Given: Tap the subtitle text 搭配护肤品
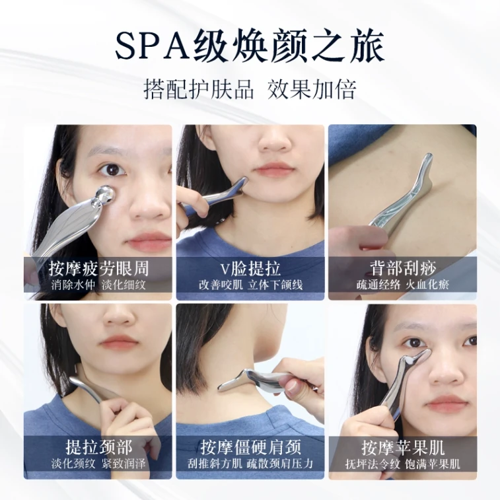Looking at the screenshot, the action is pos(199,90).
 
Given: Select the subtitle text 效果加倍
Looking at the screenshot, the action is pos(312,90).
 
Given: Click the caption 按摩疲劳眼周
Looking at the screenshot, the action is pos(98,268).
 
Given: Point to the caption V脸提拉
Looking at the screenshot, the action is pos(250,268).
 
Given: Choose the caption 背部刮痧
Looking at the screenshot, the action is pos(403,268).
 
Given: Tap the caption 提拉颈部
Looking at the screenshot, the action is pos(98,446).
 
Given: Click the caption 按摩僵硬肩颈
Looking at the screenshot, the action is pos(250,446).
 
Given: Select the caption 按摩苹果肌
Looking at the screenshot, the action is pos(403,446).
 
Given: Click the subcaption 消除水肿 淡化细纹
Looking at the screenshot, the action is pos(98,285).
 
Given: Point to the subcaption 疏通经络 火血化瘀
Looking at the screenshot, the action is pos(403,285).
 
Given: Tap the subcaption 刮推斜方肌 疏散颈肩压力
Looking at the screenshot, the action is pos(250,463).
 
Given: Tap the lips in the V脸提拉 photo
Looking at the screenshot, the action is pos(274,168).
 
